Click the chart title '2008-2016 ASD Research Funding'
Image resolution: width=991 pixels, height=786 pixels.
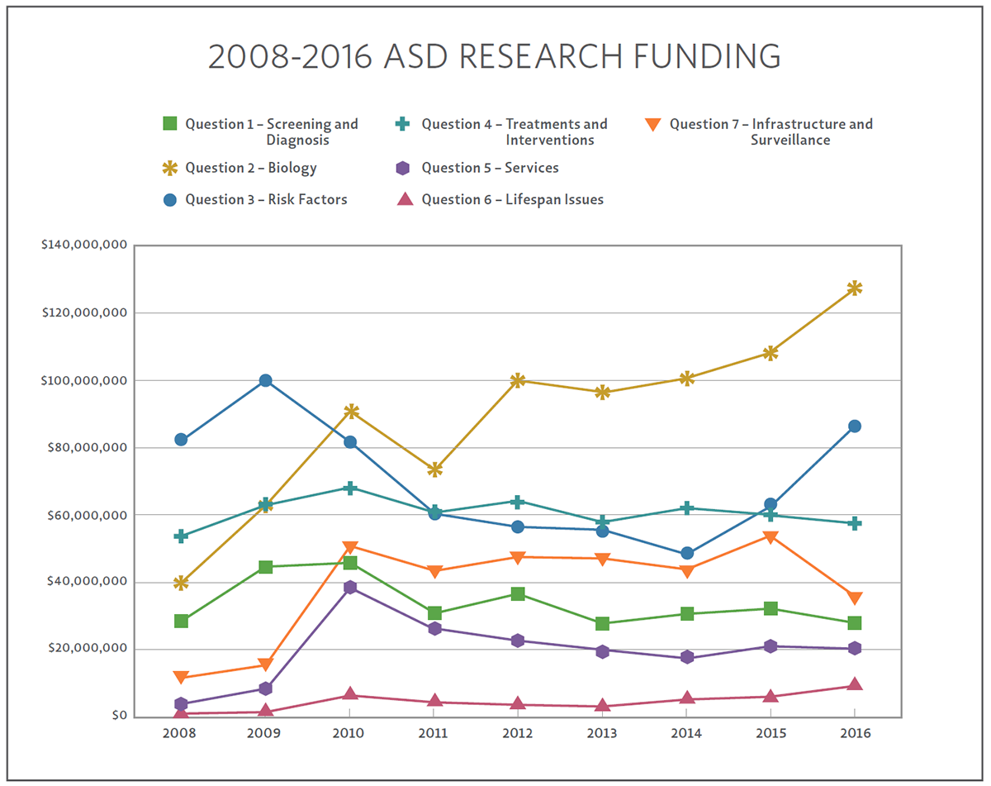tap(494, 56)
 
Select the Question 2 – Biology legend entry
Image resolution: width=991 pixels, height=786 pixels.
tap(250, 169)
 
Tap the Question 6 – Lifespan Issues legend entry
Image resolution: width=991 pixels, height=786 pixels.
tap(512, 200)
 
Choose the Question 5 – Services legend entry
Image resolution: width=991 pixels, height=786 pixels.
tap(490, 169)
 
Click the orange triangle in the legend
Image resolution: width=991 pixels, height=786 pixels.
tap(652, 125)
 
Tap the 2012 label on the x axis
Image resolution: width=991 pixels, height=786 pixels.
tap(518, 733)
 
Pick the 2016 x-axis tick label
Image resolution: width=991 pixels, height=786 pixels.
tap(855, 733)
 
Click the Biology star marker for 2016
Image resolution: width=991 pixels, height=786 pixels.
tap(855, 288)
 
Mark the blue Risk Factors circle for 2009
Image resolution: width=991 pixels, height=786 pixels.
tap(266, 380)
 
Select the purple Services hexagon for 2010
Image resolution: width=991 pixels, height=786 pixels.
tap(350, 587)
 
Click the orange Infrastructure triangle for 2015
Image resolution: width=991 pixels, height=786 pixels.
tap(771, 537)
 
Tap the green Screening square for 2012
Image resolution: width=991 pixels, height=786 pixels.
tap(518, 593)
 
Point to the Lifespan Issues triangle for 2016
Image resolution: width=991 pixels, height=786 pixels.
tap(855, 684)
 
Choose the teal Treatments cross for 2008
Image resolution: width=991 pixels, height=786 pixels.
tap(181, 536)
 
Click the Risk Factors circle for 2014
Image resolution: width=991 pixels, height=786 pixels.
tap(687, 553)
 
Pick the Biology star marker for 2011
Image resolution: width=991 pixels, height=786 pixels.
tap(434, 469)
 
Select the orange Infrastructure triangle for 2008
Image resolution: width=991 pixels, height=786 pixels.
tap(181, 678)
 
